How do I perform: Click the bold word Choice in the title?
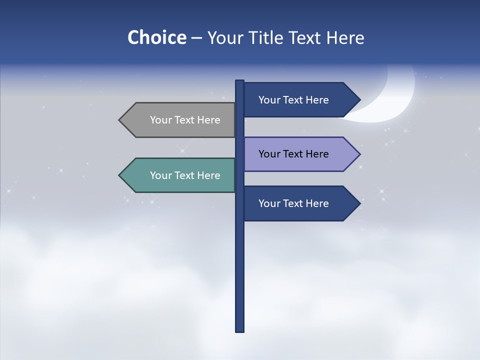[x=156, y=37]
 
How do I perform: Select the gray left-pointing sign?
[x=180, y=120]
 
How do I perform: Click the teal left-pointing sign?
[x=180, y=175]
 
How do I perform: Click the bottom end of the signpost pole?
[x=239, y=330]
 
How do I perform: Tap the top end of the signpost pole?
[x=239, y=81]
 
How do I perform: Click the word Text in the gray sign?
[x=185, y=120]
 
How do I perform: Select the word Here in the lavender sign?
[x=317, y=154]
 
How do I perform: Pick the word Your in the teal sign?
[x=160, y=175]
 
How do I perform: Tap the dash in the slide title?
[x=196, y=38]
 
